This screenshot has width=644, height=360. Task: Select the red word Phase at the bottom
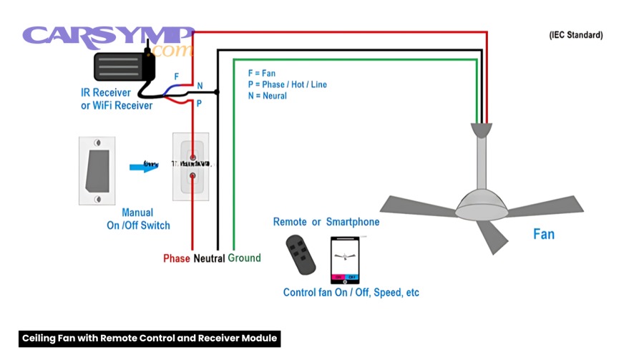click(177, 258)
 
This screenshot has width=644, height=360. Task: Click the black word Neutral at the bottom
click(209, 258)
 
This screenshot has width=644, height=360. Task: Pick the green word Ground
click(244, 258)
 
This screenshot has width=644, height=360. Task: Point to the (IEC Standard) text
click(575, 35)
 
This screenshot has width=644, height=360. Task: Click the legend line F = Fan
click(262, 73)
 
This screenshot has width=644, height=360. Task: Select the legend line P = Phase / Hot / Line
click(287, 84)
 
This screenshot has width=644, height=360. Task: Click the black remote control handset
click(300, 254)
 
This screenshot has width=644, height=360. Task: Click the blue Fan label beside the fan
click(543, 234)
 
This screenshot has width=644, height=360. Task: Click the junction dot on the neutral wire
click(218, 92)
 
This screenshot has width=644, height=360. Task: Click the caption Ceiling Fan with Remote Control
click(149, 338)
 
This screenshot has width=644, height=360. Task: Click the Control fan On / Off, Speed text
click(351, 293)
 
